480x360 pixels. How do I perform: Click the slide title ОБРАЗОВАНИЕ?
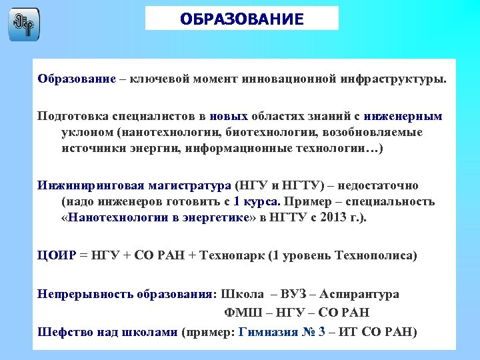coord(241,19)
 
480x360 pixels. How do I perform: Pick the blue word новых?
coord(228,116)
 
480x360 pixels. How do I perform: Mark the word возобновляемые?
coord(371,132)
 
